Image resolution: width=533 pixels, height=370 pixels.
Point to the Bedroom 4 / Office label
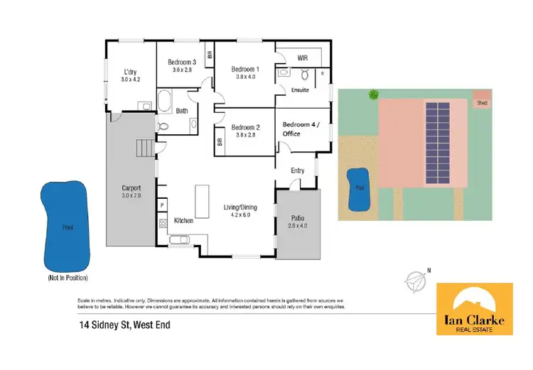(x=301, y=129)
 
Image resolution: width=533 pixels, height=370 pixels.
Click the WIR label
(x=302, y=56)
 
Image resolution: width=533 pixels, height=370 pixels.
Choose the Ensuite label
(x=300, y=90)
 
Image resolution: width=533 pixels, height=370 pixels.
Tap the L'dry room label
(x=130, y=72)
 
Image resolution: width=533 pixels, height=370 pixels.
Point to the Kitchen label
(x=183, y=221)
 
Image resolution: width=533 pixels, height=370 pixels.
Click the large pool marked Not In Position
(x=65, y=226)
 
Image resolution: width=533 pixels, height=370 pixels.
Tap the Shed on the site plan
(x=481, y=101)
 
